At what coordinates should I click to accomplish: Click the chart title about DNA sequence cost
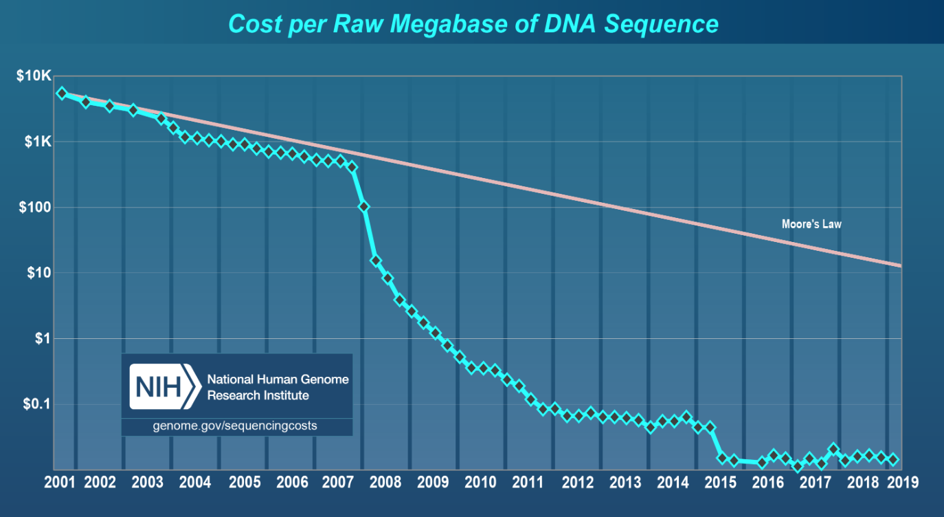(473, 24)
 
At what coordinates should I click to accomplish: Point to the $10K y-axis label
(34, 76)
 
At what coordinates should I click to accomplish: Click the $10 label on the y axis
(38, 273)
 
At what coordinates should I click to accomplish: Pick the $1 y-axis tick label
(42, 338)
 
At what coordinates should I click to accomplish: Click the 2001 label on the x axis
(60, 481)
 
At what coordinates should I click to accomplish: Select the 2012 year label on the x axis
(578, 481)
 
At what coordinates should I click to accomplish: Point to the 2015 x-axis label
(720, 481)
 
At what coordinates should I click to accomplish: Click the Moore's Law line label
(811, 224)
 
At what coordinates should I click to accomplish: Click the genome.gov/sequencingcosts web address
(235, 426)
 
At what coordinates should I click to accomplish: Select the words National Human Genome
(278, 379)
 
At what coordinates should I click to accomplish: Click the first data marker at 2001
(62, 93)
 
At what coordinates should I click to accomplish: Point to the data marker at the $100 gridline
(363, 207)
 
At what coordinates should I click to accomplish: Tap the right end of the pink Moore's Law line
(900, 265)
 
